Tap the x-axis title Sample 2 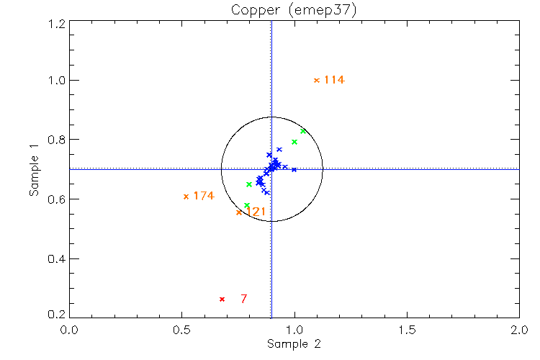coord(293,344)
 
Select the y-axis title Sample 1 coord(34,169)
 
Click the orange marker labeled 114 coord(316,80)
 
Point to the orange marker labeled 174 coord(186,196)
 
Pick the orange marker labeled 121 coord(239,212)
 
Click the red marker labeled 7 coord(222,299)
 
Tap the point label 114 coord(334,80)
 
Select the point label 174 coord(204,196)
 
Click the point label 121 coord(256,212)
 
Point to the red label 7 coord(244,299)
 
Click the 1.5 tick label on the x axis coord(407,330)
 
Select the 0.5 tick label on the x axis coord(181,330)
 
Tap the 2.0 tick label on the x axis coord(519,330)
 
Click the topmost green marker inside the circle coord(303,131)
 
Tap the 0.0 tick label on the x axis coord(69,330)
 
